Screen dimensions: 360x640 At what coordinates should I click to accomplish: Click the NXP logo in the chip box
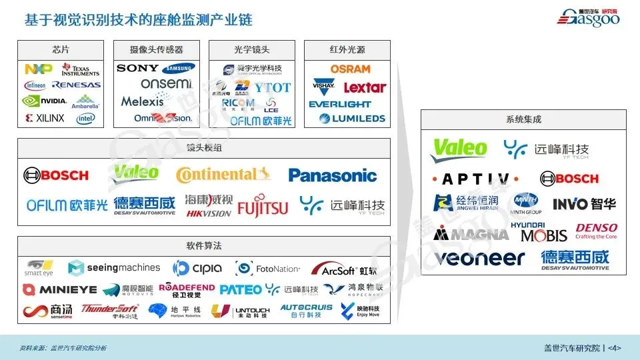38,69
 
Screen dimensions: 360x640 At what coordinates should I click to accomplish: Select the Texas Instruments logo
80,70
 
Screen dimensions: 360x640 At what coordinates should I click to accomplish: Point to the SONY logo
137,68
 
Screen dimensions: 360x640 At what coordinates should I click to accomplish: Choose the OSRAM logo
350,69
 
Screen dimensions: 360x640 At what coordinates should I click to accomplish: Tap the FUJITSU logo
263,206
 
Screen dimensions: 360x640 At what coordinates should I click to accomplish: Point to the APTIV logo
475,179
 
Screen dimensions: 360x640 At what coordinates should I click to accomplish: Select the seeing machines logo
114,268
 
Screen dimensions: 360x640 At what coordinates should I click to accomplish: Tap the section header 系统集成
523,120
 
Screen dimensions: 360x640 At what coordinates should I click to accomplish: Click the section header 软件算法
204,246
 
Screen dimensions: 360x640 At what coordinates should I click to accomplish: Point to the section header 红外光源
347,50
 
